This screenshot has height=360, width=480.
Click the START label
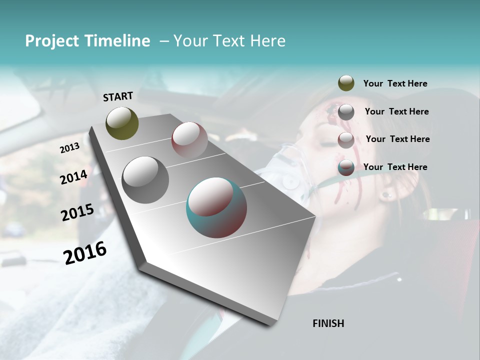(118, 96)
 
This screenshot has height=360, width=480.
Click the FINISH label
(328, 323)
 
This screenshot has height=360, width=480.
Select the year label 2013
(69, 148)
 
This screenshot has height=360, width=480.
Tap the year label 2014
(73, 177)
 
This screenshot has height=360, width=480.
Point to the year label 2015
(77, 212)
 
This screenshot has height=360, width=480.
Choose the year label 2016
(85, 252)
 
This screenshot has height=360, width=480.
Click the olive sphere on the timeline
(122, 123)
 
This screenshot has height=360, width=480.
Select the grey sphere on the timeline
(145, 180)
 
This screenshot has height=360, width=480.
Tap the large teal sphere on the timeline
(216, 207)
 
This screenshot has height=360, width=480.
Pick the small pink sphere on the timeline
(189, 139)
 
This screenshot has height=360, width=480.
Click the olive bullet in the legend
(346, 83)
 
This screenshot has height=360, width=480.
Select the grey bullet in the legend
(346, 111)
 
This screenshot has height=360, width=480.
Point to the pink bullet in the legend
(346, 140)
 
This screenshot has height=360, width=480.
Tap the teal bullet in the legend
(346, 167)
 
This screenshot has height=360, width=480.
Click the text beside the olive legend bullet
(395, 83)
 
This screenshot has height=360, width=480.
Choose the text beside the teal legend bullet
(395, 167)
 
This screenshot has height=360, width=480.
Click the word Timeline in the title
(118, 41)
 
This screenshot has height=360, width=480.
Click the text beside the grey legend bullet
(396, 111)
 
